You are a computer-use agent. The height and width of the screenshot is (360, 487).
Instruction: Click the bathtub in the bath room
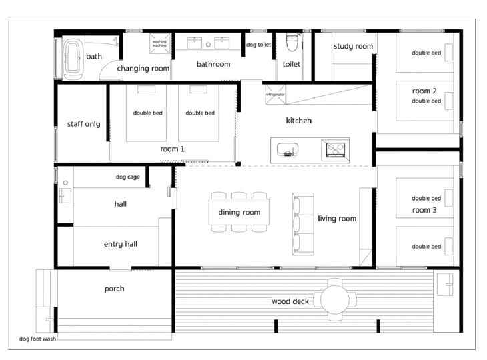point(73,57)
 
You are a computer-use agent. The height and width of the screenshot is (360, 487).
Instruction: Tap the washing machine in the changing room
point(159,43)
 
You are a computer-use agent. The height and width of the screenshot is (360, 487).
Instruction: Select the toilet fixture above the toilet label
point(292,42)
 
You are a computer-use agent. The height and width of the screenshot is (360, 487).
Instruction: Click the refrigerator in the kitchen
point(275,95)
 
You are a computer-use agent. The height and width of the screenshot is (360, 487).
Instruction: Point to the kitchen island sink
point(288,149)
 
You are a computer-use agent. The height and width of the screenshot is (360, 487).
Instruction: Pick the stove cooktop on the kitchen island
point(335,149)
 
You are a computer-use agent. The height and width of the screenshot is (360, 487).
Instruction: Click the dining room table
point(239,212)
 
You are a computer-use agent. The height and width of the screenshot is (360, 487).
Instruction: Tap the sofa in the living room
point(303,224)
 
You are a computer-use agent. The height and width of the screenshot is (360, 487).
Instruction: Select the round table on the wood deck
point(335,300)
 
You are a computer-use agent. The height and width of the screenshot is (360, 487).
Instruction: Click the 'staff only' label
point(84,124)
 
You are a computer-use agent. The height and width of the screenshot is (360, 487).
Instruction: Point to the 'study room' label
point(353,46)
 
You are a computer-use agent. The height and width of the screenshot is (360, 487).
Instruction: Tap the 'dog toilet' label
point(258,45)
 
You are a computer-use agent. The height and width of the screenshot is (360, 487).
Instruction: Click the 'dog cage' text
point(128,177)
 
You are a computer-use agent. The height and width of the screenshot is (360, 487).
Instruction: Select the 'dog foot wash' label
point(37,339)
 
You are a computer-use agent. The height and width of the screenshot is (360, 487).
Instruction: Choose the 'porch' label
point(115,289)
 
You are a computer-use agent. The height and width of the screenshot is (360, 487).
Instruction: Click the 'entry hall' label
point(121,244)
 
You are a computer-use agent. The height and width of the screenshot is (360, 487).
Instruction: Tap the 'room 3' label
point(424,210)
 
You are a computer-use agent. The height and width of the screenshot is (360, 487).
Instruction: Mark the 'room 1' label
point(172,149)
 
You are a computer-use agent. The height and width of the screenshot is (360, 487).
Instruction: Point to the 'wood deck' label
point(290,301)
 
